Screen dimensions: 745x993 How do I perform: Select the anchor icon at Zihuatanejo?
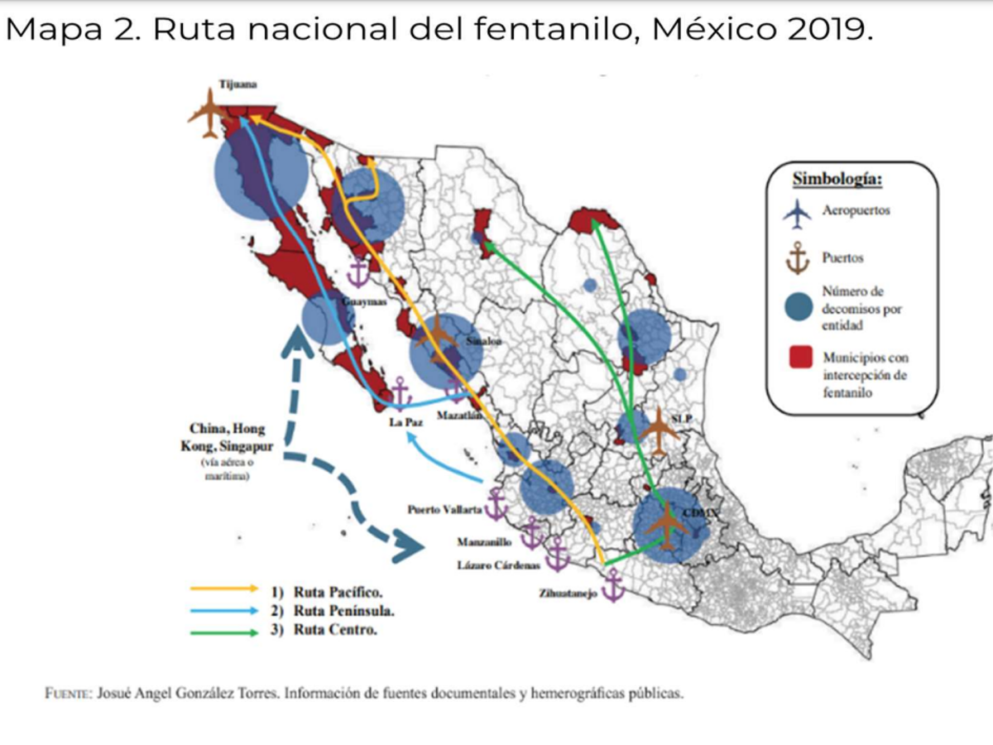pyautogui.click(x=612, y=585)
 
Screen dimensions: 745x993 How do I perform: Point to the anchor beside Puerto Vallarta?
pyautogui.click(x=496, y=505)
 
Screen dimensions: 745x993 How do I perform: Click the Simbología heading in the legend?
pyautogui.click(x=837, y=179)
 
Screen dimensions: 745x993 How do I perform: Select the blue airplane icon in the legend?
pyautogui.click(x=798, y=214)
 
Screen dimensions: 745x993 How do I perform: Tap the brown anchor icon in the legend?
pyautogui.click(x=798, y=258)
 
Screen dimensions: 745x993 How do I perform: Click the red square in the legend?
pyautogui.click(x=799, y=358)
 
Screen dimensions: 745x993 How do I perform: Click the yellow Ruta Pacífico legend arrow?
pyautogui.click(x=224, y=589)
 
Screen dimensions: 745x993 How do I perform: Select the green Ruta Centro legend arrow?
pyautogui.click(x=224, y=632)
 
